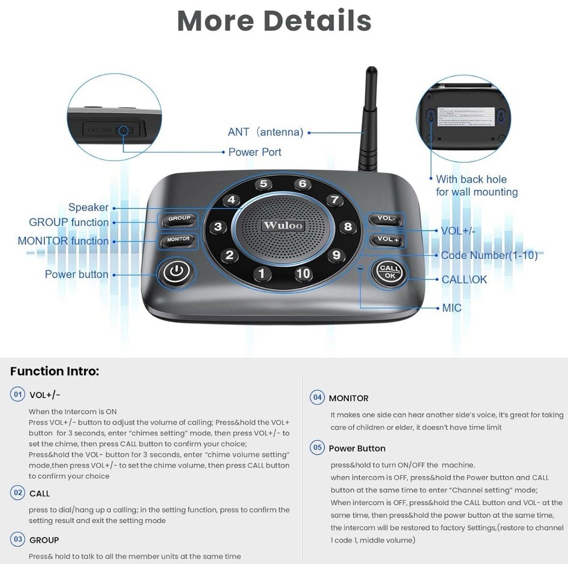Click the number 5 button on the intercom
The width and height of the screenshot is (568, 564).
pos(263,184)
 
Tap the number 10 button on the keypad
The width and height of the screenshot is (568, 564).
pos(303,273)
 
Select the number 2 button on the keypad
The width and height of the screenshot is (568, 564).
pos(229,255)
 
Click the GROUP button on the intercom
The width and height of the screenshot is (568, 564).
pos(179,219)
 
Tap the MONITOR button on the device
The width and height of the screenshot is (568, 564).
pos(178,240)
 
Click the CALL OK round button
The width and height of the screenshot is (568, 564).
pos(390,272)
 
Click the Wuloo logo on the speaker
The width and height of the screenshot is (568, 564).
pos(283,225)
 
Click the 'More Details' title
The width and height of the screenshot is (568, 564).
pos(274,21)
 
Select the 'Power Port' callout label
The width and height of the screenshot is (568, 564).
pos(254,152)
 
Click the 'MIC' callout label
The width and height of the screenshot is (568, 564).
pos(452,308)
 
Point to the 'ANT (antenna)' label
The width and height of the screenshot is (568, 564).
pos(265,132)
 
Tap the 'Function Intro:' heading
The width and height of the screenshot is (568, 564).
pos(55,371)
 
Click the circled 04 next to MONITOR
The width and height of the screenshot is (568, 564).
pos(317,398)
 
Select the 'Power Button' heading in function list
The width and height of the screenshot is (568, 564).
pos(357,448)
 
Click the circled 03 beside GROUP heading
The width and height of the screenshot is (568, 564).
pos(18,539)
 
